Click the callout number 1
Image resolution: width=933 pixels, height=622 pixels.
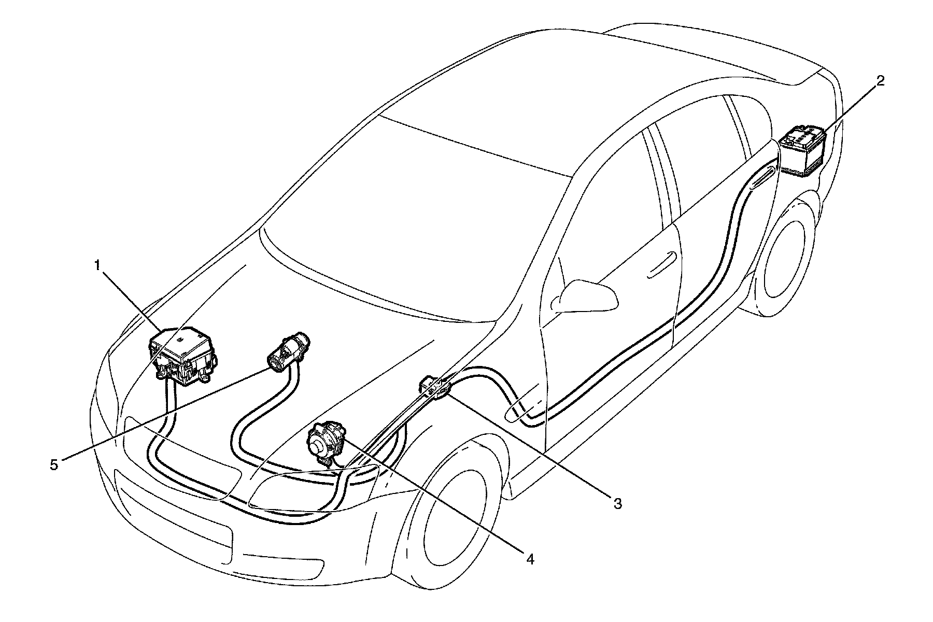97,266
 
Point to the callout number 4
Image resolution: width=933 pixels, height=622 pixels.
529,559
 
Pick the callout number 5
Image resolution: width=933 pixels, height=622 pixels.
54,464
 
